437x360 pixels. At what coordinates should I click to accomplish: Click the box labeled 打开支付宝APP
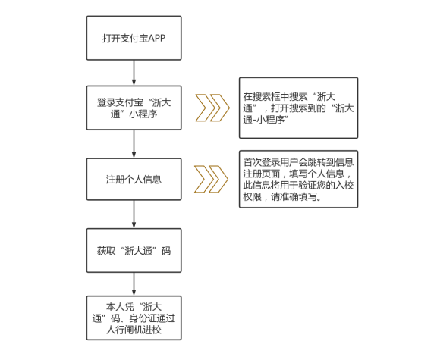point(134,38)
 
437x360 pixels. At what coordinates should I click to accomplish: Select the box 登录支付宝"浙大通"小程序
point(134,108)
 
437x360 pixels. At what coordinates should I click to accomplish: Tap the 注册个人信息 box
point(134,180)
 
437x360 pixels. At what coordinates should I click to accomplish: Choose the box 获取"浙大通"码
point(134,251)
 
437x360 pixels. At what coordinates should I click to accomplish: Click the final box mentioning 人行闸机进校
point(134,318)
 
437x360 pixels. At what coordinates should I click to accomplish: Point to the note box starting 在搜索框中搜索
point(298,108)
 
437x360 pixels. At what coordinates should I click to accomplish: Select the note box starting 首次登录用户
point(298,180)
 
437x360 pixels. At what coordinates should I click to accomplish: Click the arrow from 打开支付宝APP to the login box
point(134,73)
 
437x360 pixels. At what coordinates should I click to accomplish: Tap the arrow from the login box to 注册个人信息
point(134,144)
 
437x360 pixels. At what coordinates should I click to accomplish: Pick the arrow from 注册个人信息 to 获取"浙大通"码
point(134,214)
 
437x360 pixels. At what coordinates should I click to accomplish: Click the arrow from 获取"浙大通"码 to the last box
point(134,284)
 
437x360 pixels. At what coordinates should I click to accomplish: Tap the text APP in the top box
point(156,38)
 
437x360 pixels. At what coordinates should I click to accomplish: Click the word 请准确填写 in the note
point(294,197)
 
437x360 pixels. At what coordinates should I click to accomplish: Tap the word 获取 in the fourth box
point(106,251)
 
